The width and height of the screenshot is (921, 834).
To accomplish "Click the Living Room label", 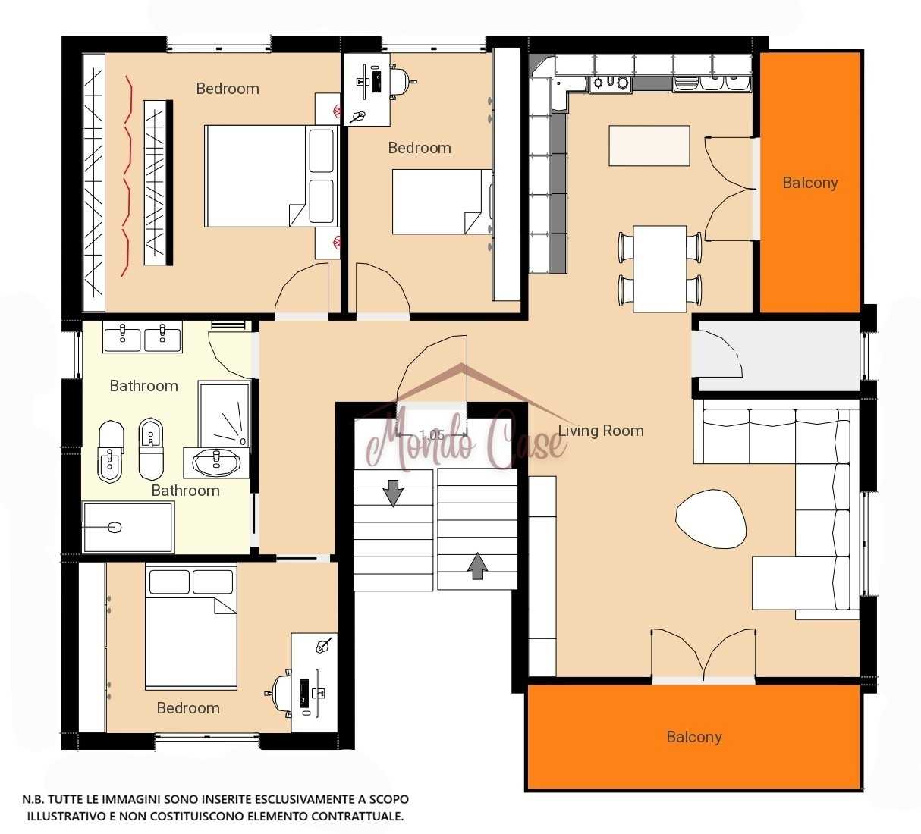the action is pos(601,431).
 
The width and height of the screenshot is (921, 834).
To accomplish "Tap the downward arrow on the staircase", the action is pos(393,493).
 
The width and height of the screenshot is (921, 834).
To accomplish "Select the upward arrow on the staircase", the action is pos(477,566).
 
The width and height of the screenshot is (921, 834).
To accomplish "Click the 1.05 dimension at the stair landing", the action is pos(432,434).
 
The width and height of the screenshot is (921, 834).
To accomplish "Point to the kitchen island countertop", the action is pos(649,146).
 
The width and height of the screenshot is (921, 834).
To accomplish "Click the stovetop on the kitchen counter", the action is pos(611,83).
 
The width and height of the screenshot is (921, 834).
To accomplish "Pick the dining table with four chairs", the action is pos(660,268).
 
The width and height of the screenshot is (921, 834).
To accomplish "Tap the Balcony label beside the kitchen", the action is pos(810,183).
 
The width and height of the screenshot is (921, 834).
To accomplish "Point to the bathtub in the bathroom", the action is pos(128,527).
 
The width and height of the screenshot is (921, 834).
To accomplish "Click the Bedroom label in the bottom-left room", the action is pos(188,708).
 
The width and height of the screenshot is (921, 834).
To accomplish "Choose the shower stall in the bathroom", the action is pos(225,415).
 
